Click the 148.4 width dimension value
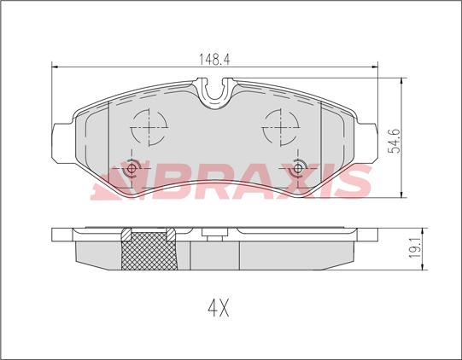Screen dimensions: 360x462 (x=214, y=59)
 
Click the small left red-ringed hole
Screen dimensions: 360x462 (x=132, y=167)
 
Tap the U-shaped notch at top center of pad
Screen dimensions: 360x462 (x=215, y=88)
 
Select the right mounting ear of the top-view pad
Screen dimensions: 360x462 (x=367, y=140)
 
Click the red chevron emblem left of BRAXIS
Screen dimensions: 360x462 (x=115, y=182)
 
